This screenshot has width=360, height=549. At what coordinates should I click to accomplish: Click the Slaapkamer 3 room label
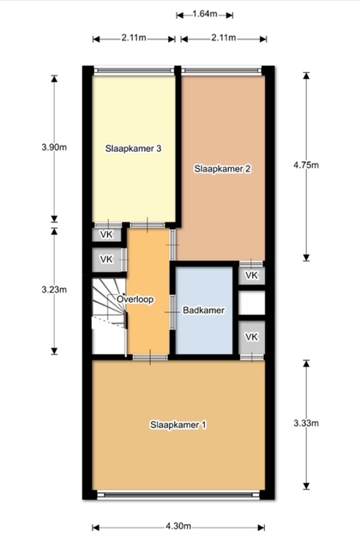134,148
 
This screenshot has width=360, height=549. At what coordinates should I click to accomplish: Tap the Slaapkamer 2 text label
223,169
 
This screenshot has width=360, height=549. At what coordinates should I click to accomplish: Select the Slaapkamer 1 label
178,425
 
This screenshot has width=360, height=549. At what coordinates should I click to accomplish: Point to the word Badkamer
204,311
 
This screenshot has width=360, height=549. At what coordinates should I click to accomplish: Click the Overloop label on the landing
135,299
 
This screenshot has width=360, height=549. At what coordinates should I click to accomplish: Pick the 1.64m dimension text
205,14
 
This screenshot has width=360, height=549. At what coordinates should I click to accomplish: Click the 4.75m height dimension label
306,165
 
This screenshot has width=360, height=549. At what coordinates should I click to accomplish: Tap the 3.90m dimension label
54,148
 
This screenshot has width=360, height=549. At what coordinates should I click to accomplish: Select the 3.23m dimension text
54,290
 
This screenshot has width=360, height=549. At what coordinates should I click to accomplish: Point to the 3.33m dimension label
306,423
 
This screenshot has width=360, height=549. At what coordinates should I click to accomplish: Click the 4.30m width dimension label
178,526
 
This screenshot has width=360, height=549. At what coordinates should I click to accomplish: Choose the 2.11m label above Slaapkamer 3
134,38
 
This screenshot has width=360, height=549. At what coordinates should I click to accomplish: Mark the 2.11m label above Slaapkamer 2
224,38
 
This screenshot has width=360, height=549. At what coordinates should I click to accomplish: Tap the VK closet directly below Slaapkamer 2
252,275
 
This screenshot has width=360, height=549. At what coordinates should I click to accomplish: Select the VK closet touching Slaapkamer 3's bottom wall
106,234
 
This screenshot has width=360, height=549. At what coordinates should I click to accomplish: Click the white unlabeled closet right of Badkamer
252,303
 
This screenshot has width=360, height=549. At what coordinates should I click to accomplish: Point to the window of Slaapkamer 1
178,495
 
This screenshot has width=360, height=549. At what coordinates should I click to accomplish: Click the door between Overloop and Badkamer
172,312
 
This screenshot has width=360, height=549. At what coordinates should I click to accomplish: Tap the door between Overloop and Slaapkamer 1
150,358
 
